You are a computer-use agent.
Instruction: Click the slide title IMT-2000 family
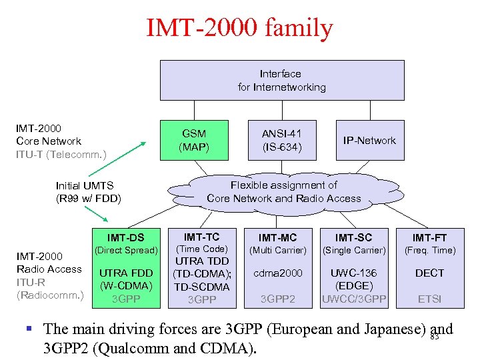pyautogui.click(x=239, y=28)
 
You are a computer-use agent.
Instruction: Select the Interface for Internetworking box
pyautogui.click(x=281, y=80)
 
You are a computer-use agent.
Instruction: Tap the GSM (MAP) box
pyautogui.click(x=194, y=140)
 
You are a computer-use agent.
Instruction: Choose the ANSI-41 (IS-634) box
pyautogui.click(x=281, y=140)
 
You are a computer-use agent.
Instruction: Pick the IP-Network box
pyautogui.click(x=369, y=141)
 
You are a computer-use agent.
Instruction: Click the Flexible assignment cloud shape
pyautogui.click(x=283, y=192)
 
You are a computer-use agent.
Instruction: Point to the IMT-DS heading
pyautogui.click(x=125, y=237)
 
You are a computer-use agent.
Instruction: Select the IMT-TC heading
pyautogui.click(x=201, y=237)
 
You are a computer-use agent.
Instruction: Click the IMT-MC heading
pyautogui.click(x=277, y=237)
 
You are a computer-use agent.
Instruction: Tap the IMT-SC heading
pyautogui.click(x=353, y=237)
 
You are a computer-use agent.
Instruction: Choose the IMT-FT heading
pyautogui.click(x=429, y=237)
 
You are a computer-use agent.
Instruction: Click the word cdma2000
pyautogui.click(x=277, y=273)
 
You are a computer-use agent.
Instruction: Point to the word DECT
pyautogui.click(x=429, y=273)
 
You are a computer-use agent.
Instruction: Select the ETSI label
pyautogui.click(x=429, y=299)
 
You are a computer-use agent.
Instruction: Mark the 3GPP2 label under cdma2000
pyautogui.click(x=277, y=299)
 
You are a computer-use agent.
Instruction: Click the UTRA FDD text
pyautogui.click(x=125, y=273)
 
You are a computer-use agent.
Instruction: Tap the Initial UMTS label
pyautogui.click(x=85, y=186)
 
